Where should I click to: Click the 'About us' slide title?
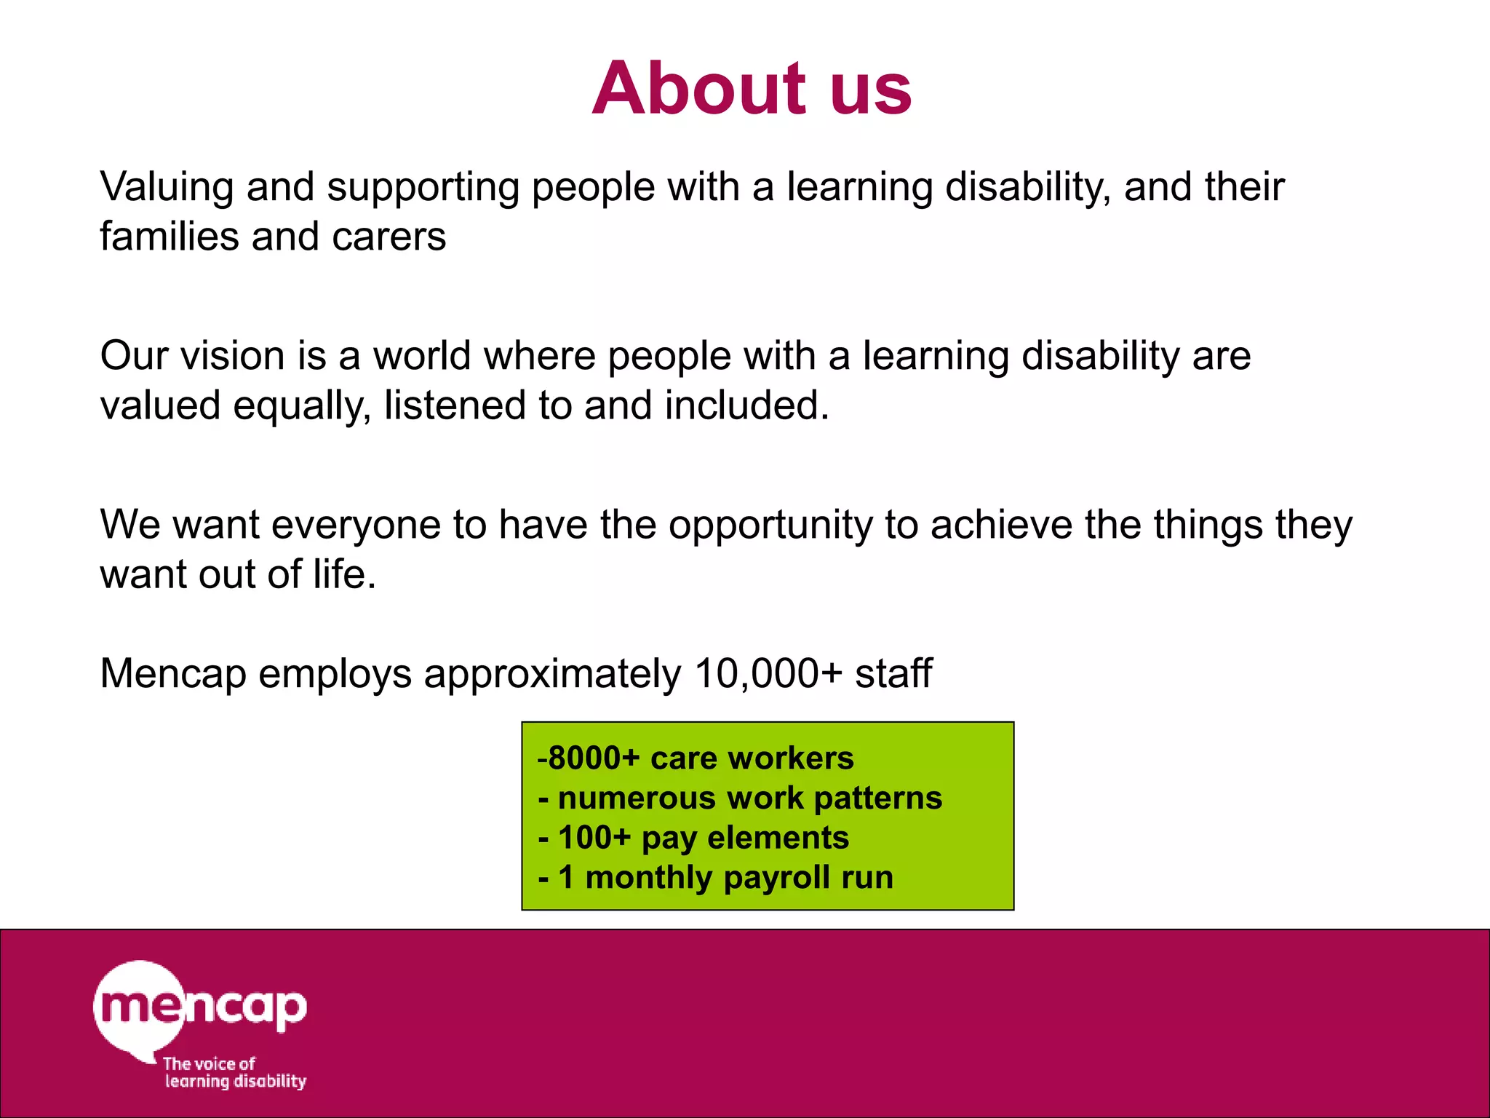tap(752, 89)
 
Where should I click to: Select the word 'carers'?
tap(389, 237)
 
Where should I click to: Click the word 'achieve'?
tap(1001, 525)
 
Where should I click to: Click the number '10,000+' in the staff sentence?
tap(768, 673)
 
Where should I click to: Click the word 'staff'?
tap(893, 673)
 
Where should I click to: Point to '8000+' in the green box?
tap(593, 758)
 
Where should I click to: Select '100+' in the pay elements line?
tap(594, 838)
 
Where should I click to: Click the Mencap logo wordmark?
tap(201, 1008)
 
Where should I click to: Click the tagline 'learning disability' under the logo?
tap(235, 1082)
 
